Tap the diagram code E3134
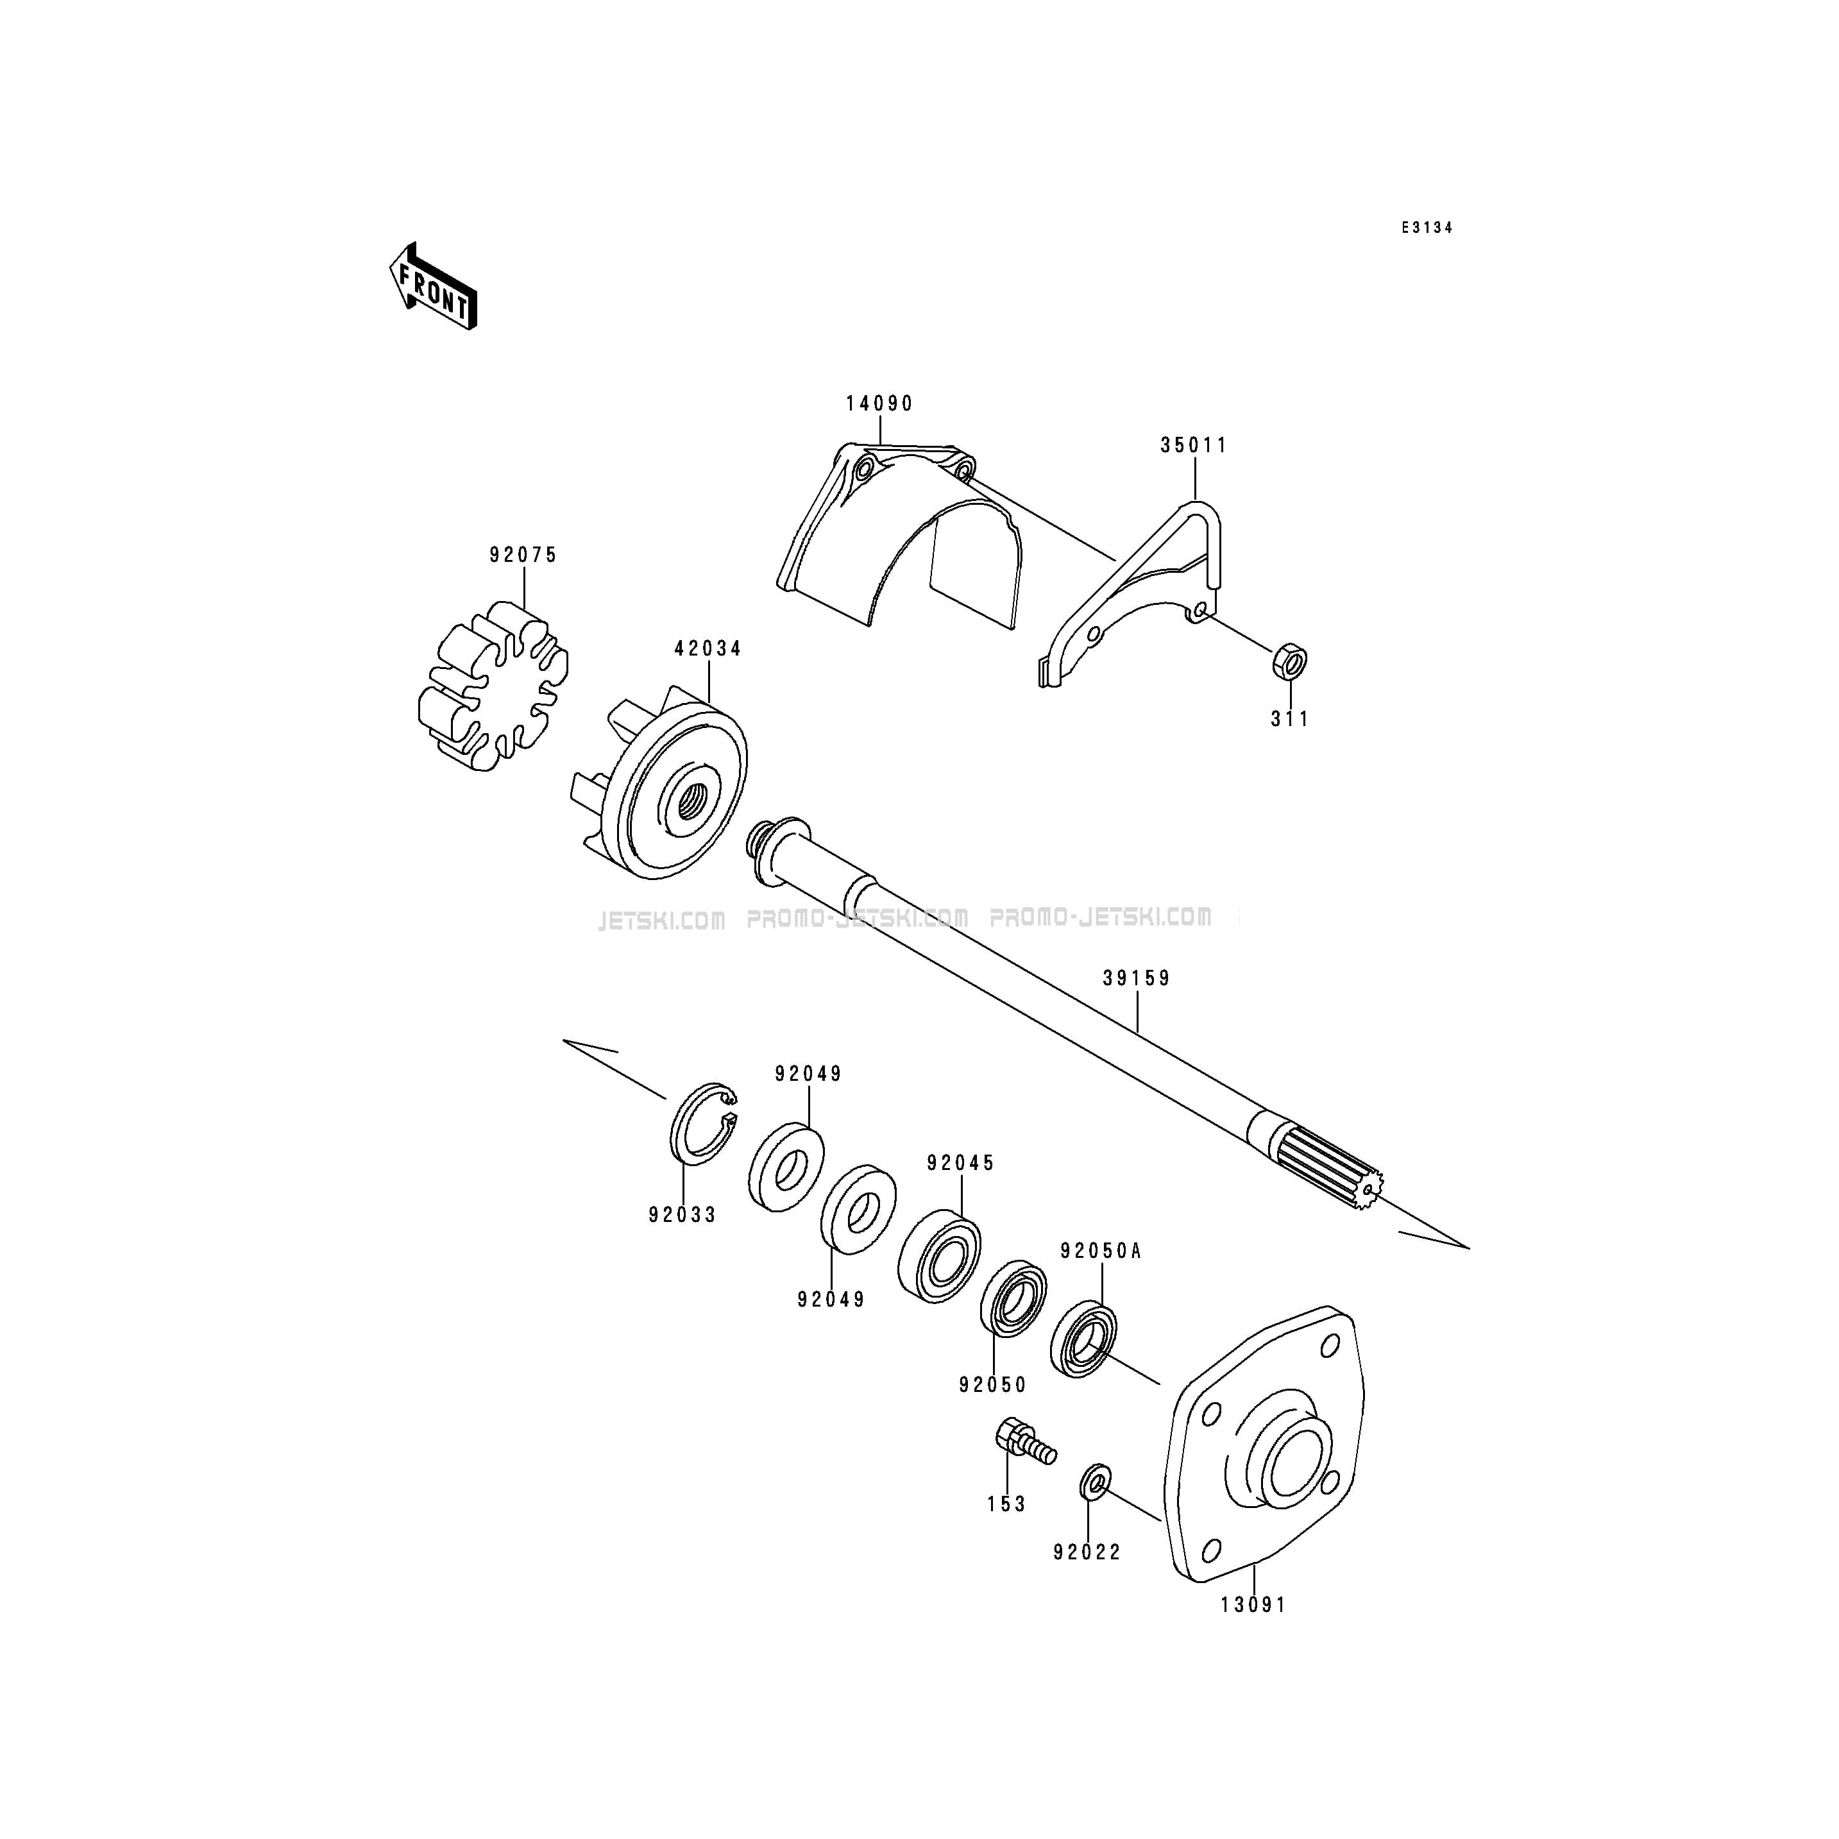click(x=1426, y=228)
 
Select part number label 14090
click(x=879, y=403)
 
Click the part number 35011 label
click(x=1194, y=445)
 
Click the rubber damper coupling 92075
click(x=493, y=685)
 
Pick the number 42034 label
click(x=708, y=648)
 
